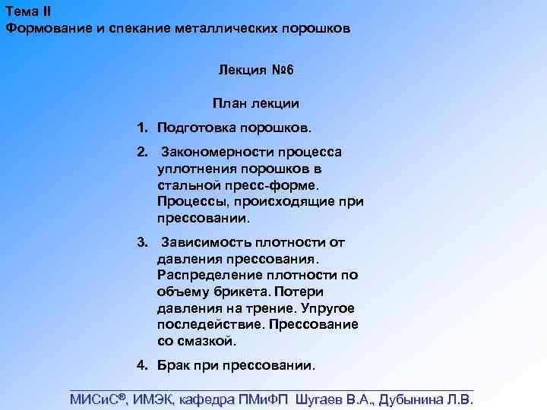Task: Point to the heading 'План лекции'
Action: click(256, 102)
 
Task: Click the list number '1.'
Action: click(142, 125)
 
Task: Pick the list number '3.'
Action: click(142, 242)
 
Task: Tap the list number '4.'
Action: click(142, 364)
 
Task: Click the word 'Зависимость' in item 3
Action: click(207, 242)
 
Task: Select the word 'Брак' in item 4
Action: click(172, 364)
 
